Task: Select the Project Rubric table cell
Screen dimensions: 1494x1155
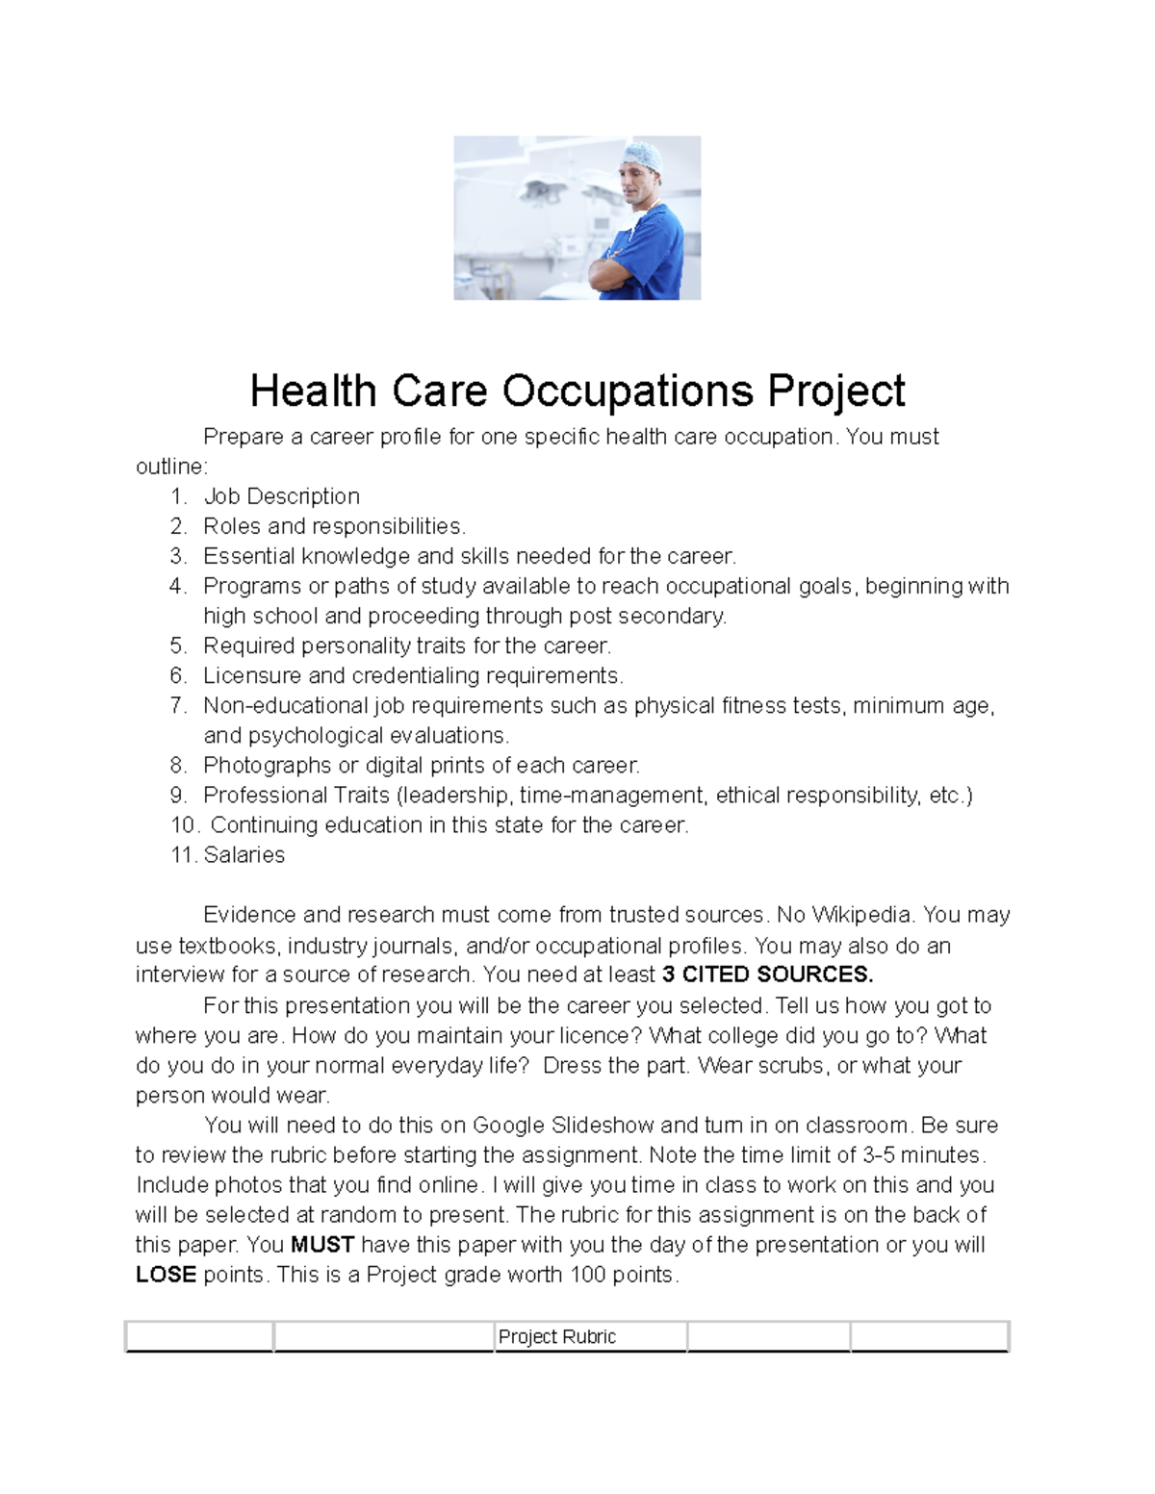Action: click(590, 1336)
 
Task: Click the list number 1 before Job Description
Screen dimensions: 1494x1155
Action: click(177, 496)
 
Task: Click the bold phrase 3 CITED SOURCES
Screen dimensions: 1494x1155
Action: click(768, 975)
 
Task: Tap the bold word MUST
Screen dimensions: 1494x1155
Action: click(322, 1245)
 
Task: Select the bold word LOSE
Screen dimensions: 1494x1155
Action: click(166, 1275)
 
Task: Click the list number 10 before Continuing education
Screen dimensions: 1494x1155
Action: click(183, 825)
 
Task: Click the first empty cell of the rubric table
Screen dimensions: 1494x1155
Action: click(199, 1336)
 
